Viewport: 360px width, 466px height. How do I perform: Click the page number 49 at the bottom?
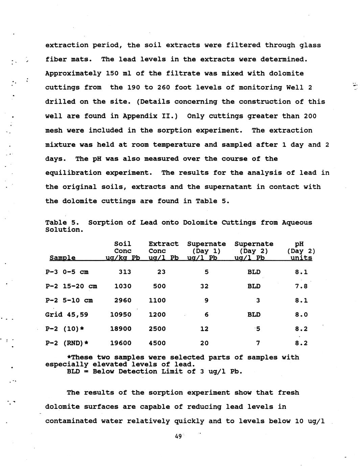178,436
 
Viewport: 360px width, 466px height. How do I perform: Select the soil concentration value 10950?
121,315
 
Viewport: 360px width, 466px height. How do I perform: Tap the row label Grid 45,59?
67,315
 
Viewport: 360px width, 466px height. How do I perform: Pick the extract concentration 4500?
157,343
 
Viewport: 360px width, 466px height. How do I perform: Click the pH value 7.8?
301,286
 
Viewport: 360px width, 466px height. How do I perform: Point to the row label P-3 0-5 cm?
67,272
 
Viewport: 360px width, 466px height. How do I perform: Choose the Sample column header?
62,258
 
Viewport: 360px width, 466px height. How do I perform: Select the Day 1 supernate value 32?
204,286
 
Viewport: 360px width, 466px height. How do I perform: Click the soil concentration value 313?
125,272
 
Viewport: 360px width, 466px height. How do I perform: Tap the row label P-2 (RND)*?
67,343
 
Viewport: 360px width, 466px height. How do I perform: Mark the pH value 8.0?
301,315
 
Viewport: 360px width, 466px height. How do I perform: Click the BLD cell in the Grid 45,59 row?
254,315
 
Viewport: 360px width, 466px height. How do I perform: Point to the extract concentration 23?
161,272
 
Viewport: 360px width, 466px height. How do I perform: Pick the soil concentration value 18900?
121,329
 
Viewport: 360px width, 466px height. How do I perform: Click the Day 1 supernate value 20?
204,343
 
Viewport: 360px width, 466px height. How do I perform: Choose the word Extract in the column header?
163,244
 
